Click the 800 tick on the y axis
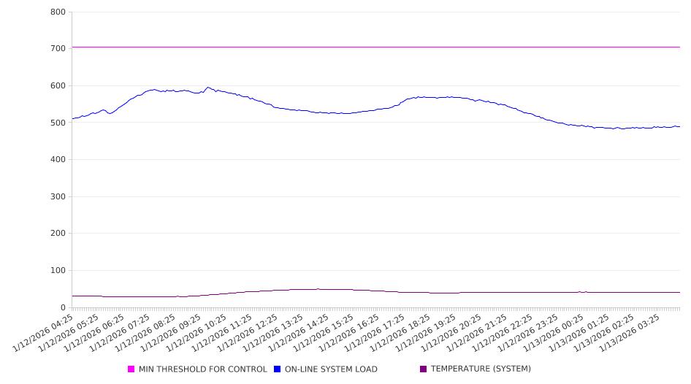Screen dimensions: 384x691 pyautogui.click(x=58, y=12)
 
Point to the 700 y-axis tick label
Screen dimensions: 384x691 pyautogui.click(x=58, y=48)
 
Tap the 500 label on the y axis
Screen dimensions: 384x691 pyautogui.click(x=58, y=123)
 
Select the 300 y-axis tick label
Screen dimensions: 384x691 pyautogui.click(x=58, y=196)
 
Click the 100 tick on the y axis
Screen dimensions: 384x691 pyautogui.click(x=58, y=270)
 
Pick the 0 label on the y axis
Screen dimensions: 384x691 pyautogui.click(x=64, y=307)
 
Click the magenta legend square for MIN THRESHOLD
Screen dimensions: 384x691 pyautogui.click(x=131, y=369)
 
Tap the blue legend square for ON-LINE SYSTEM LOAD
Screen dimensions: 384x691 pyautogui.click(x=278, y=369)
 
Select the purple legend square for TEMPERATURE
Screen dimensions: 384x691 pyautogui.click(x=424, y=369)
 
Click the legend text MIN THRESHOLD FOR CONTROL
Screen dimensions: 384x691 pyautogui.click(x=203, y=369)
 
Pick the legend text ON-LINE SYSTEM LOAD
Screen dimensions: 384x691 pyautogui.click(x=331, y=369)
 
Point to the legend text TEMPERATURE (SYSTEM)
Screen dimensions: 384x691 pyautogui.click(x=481, y=369)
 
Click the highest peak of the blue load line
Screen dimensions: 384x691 pyautogui.click(x=208, y=88)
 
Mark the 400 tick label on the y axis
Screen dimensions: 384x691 pyautogui.click(x=58, y=159)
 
